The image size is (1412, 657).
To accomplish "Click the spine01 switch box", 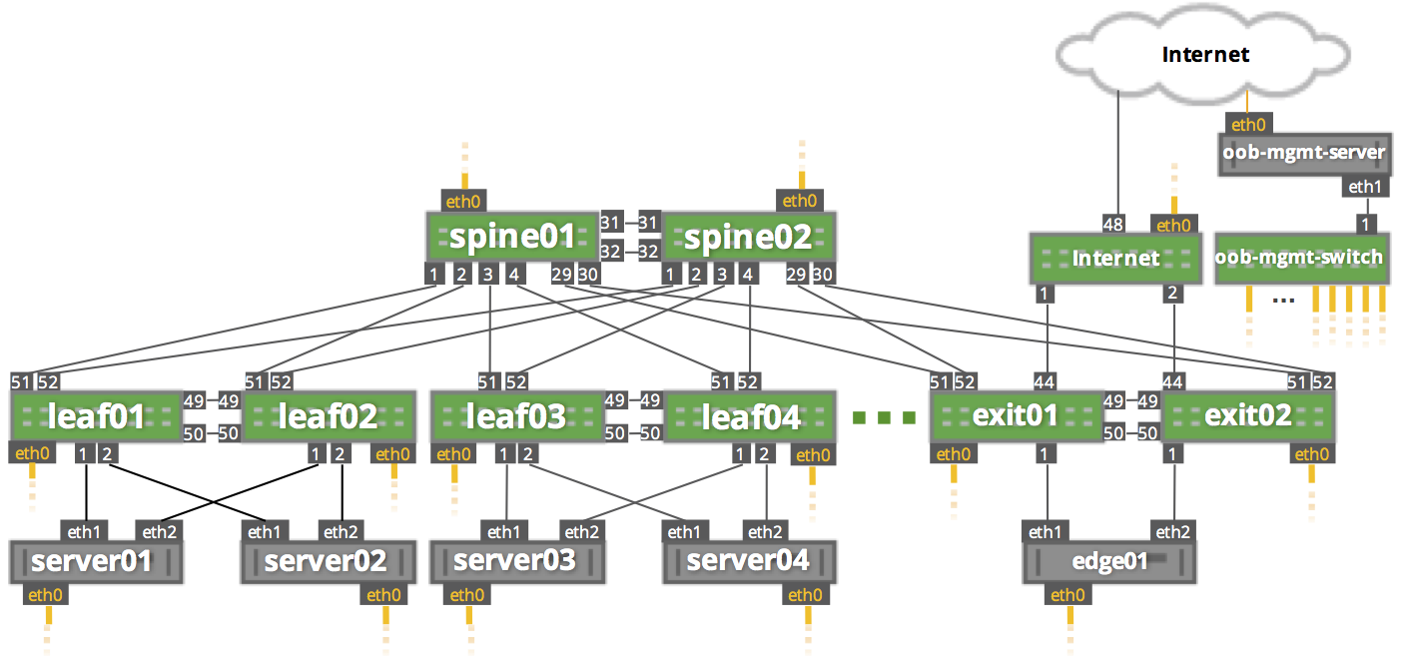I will tap(512, 237).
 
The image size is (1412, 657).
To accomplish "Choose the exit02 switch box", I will tap(1247, 415).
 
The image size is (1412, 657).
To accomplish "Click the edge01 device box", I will tap(1110, 561).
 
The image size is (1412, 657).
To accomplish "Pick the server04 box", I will tap(749, 561).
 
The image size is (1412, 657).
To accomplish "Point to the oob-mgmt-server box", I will tap(1304, 154).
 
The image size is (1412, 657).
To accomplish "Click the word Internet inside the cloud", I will tap(1205, 54).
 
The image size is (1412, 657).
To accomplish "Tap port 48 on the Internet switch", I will tap(1113, 222).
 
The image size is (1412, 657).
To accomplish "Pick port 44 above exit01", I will tap(1045, 380).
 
